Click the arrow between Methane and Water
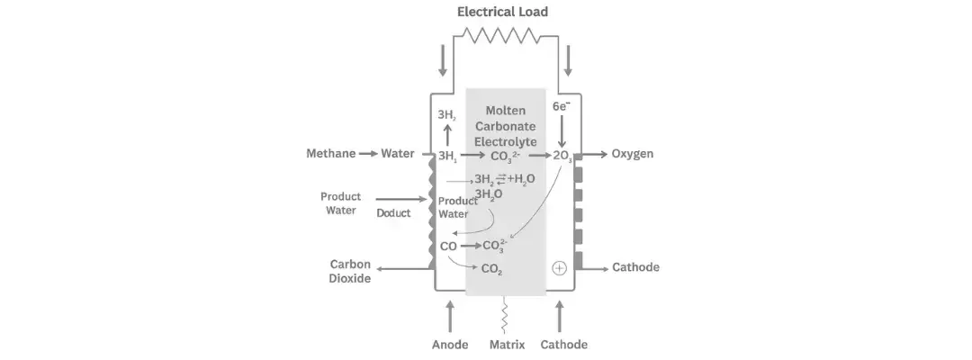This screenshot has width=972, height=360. tap(368, 154)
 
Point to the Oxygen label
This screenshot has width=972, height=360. tap(632, 154)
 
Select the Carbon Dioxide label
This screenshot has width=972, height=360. tap(350, 271)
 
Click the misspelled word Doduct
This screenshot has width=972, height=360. tap(393, 213)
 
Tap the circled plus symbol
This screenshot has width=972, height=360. tap(559, 268)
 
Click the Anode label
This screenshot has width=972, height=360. tap(449, 345)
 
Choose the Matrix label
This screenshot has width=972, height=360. tap(507, 345)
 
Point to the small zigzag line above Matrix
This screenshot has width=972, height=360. tap(506, 315)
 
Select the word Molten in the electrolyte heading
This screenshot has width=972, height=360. tap(505, 110)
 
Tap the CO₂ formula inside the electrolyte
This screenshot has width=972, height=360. tap(491, 268)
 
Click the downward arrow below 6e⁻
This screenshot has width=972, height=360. tap(562, 132)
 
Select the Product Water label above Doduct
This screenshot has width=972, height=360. tap(340, 203)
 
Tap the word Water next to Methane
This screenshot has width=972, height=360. tap(398, 154)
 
